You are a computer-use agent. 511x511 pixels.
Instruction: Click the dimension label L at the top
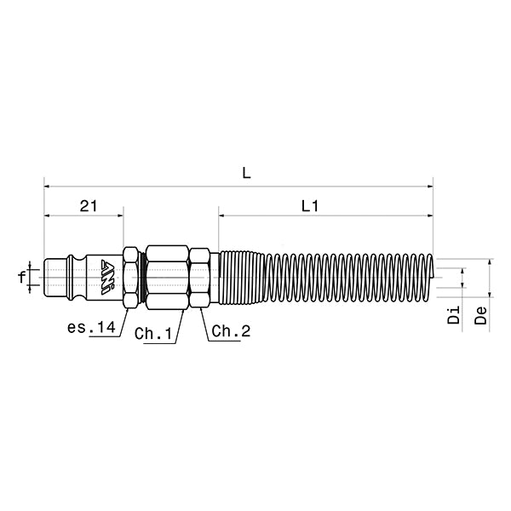[246, 172]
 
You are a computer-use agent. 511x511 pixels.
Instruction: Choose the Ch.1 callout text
[154, 333]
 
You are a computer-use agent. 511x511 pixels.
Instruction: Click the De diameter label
[482, 316]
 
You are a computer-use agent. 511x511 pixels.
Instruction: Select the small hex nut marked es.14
[131, 277]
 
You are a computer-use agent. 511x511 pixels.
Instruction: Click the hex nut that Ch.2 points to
[200, 277]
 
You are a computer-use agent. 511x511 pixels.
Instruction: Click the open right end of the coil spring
[431, 277]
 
